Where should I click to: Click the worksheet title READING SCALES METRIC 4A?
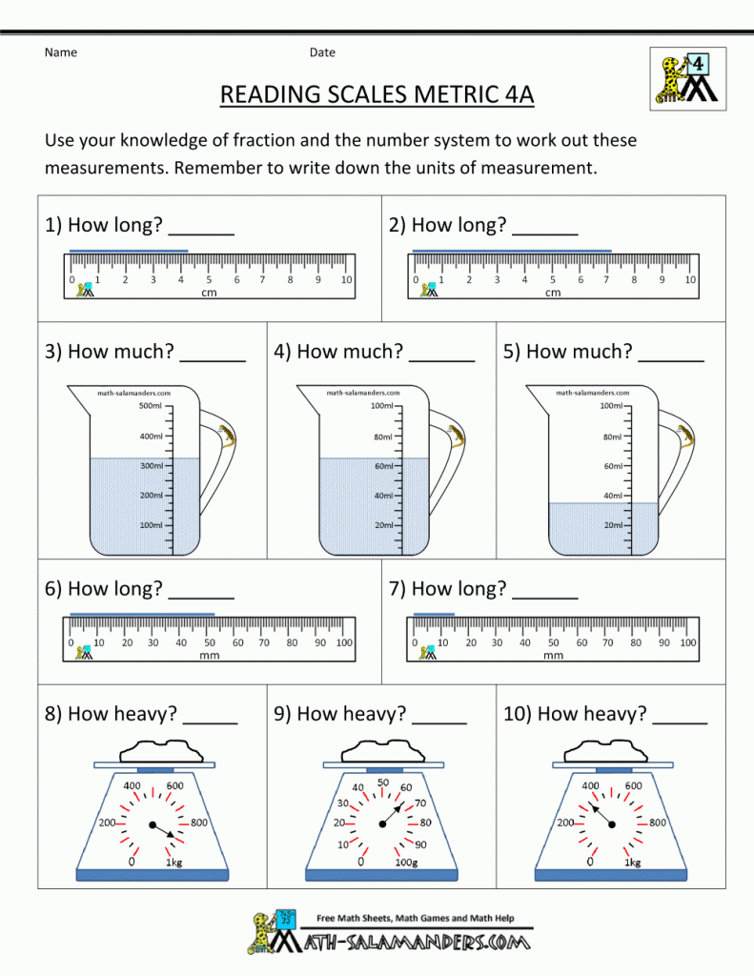377,95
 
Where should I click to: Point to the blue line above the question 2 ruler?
511,251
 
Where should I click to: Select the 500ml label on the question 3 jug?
150,406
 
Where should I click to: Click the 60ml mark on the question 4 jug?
382,466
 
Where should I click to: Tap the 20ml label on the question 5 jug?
612,525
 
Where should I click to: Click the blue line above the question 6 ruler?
143,615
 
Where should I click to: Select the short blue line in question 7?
434,615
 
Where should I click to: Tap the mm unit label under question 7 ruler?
553,656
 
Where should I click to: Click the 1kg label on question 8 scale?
174,862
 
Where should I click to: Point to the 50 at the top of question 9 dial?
383,783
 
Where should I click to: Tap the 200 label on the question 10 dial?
565,823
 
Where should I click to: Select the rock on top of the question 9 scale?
382,749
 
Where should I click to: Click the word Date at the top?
322,52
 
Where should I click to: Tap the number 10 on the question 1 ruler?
346,280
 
